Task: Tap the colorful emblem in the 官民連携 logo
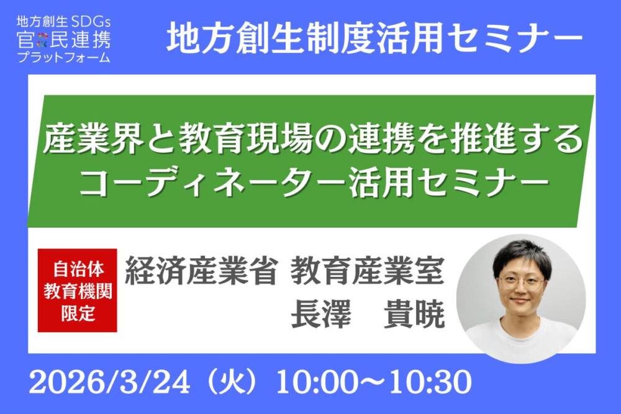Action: point(42,41)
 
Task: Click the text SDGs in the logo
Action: point(91,24)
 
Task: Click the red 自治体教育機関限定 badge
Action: point(78,291)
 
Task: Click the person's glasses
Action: point(522,282)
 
